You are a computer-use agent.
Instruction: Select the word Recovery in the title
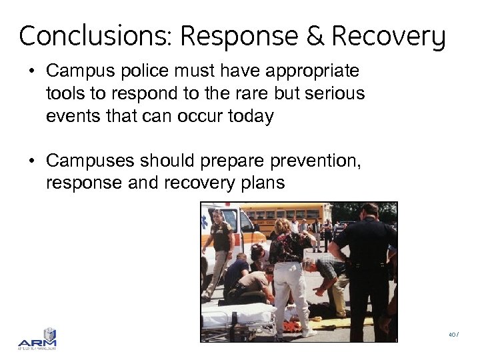coord(388,37)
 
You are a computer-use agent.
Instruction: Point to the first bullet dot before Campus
coord(33,71)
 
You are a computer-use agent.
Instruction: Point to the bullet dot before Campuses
coord(33,161)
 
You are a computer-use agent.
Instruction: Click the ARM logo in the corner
coord(37,338)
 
